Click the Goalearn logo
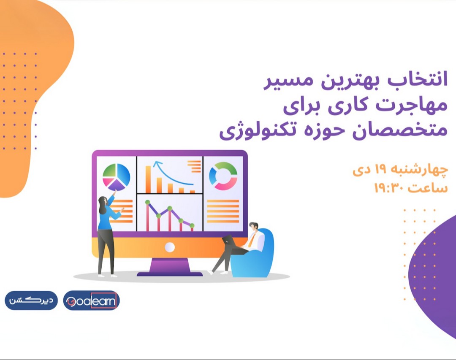(92, 301)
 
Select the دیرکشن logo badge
(31, 300)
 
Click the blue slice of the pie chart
(122, 174)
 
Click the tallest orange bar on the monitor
(148, 179)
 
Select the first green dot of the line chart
(148, 203)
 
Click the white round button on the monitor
(169, 247)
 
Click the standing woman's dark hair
(103, 205)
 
